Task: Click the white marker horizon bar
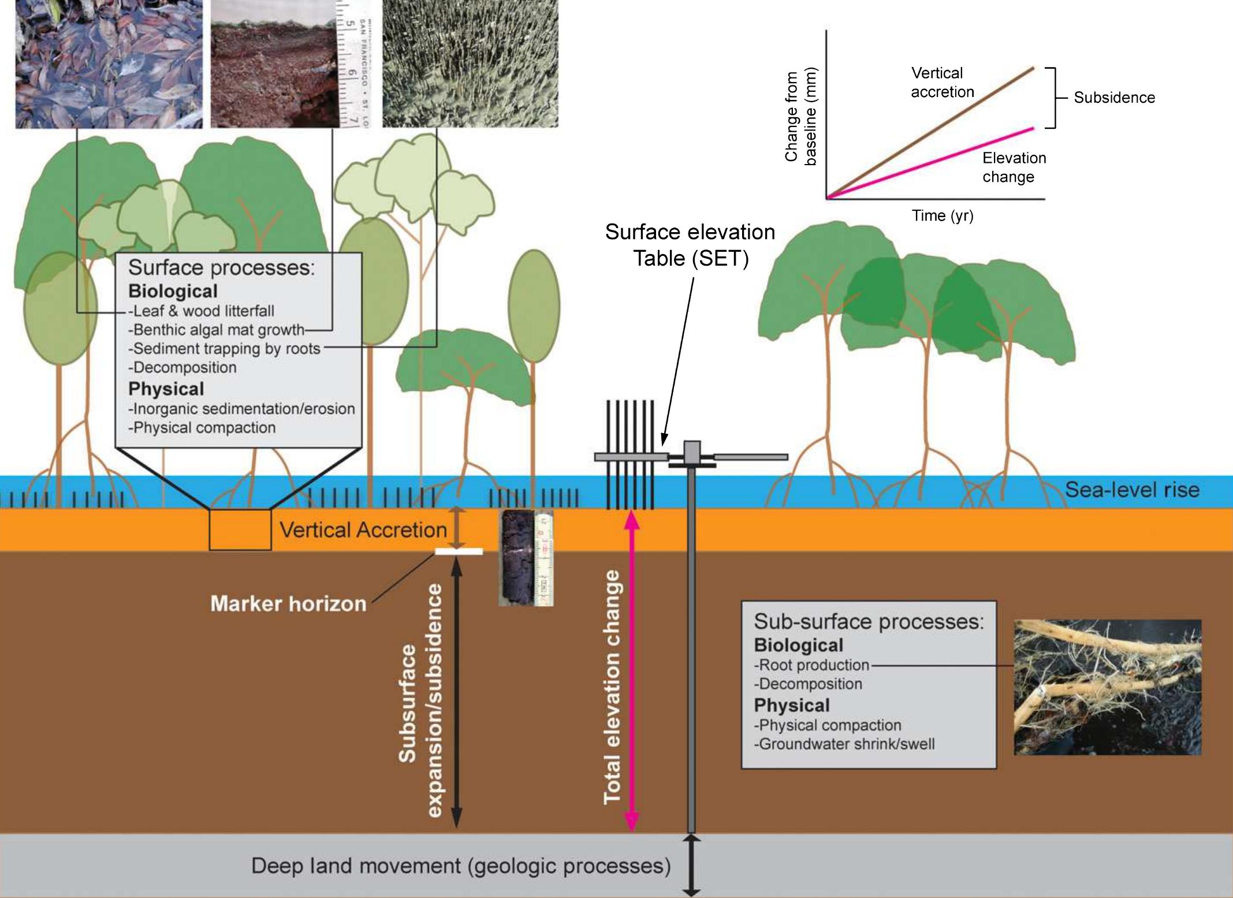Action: click(459, 552)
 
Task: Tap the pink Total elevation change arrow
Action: click(632, 670)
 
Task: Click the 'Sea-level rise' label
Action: click(1132, 490)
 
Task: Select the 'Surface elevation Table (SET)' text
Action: click(690, 245)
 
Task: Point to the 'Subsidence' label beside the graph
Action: click(1114, 98)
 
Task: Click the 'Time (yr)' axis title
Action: click(943, 216)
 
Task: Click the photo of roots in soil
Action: click(1108, 687)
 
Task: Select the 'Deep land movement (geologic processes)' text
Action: click(461, 866)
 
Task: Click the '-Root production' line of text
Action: click(811, 665)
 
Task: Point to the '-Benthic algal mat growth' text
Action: click(216, 330)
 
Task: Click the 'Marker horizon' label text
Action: click(288, 604)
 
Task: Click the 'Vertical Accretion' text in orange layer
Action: click(363, 530)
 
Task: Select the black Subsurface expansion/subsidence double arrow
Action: click(456, 693)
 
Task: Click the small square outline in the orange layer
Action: click(240, 530)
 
